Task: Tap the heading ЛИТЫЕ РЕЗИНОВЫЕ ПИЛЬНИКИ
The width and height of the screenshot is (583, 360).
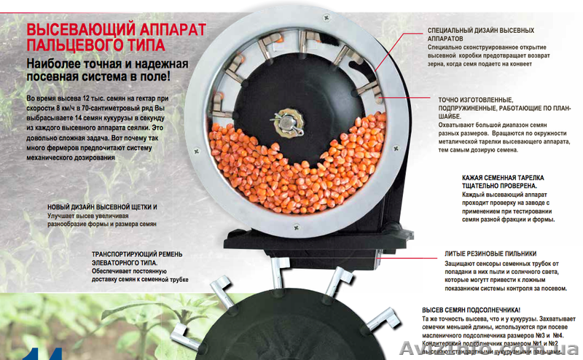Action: click(496, 254)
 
